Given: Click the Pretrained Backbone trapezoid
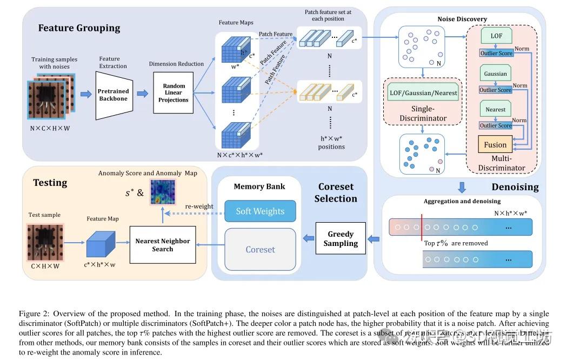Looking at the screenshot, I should coord(114,95).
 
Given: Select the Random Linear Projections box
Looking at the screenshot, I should coord(173,92).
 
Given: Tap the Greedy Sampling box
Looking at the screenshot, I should coord(341,238).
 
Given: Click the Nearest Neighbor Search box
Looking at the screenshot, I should coord(162,245).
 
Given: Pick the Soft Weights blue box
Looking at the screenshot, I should coord(259,211).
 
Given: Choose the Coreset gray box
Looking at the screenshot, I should coord(260,249).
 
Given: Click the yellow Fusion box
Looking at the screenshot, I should coord(495,144).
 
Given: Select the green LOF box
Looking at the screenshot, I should coord(496,36).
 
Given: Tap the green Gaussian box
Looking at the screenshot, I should coord(495,74).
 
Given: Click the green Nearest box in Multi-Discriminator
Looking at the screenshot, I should coord(495,109).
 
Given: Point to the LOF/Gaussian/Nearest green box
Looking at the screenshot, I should coord(423,92).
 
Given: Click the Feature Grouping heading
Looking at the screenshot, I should coord(79,28).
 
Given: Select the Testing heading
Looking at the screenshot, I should coord(50,183).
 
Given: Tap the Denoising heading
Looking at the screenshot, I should coord(515,187).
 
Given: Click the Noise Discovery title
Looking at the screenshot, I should coord(462,19).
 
